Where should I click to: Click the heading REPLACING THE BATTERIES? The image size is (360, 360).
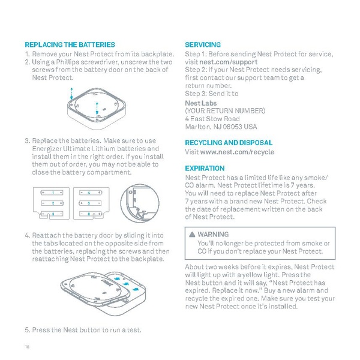[x=70, y=45]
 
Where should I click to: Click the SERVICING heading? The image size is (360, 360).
[x=203, y=45]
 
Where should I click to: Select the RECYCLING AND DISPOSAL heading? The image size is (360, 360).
[x=229, y=143]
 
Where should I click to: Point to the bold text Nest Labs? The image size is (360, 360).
[x=197, y=103]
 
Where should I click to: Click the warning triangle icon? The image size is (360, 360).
[x=191, y=234]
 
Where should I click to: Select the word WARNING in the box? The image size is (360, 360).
[x=213, y=234]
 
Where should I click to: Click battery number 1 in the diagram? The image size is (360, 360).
[x=53, y=193]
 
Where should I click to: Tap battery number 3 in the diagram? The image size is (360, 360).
[x=53, y=214]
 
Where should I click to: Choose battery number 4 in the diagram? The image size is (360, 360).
[x=89, y=193]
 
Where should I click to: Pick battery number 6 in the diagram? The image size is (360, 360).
[x=89, y=214]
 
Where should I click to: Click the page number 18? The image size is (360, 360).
[x=27, y=346]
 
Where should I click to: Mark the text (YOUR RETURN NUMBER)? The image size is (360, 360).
[x=225, y=111]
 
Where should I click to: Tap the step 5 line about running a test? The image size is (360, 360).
[x=83, y=329]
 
